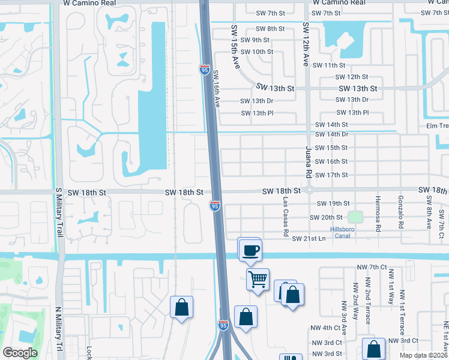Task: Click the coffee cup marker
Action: [250, 250]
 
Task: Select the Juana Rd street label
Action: [309, 161]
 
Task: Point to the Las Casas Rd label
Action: [286, 216]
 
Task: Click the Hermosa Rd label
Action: [378, 213]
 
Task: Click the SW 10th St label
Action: [256, 52]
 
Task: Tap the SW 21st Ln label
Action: [309, 239]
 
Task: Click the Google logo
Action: [20, 353]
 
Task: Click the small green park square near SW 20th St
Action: [357, 217]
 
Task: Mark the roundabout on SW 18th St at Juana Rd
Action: [308, 191]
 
